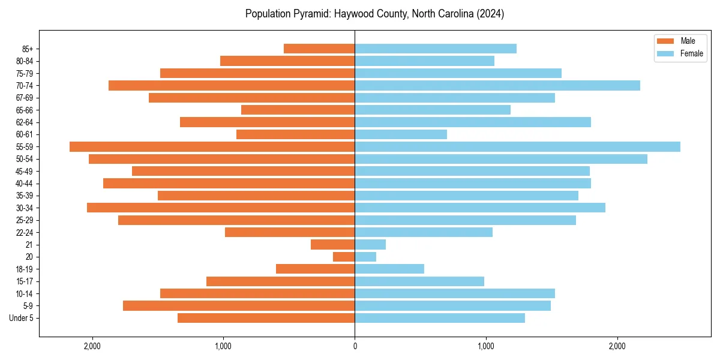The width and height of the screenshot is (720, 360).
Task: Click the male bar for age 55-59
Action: click(212, 146)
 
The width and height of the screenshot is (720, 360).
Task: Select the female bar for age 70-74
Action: click(497, 85)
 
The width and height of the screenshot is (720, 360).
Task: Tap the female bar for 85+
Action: click(436, 49)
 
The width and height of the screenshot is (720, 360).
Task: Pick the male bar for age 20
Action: click(344, 257)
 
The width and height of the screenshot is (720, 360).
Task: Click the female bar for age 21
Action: click(370, 244)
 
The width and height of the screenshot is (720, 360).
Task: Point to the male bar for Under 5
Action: click(266, 318)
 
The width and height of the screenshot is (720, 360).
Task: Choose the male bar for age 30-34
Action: click(221, 208)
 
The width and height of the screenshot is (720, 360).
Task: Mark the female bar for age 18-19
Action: click(389, 269)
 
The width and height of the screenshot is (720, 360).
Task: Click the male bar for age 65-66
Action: click(298, 110)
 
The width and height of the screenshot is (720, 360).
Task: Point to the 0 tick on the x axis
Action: click(355, 346)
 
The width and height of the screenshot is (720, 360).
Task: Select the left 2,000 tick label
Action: click(92, 346)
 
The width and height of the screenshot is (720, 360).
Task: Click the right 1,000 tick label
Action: click(486, 346)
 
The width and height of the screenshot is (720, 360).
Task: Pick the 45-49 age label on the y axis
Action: click(24, 171)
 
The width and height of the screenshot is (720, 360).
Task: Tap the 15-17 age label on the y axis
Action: click(24, 281)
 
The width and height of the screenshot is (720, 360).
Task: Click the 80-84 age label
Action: click(24, 61)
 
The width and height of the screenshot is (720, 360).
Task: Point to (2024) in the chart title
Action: click(490, 14)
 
